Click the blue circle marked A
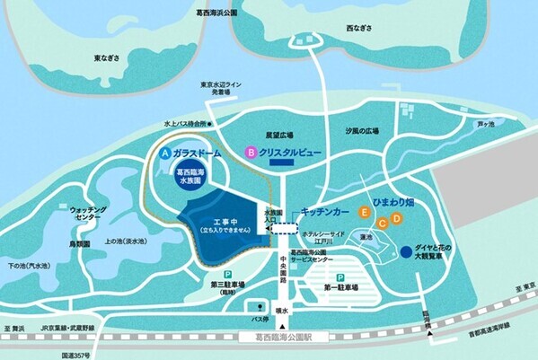click(x=164, y=154)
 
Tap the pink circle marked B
click(x=251, y=153)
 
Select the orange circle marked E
click(x=364, y=213)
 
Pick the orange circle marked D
click(x=395, y=218)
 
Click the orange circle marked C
click(x=382, y=223)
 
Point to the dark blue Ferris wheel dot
click(x=406, y=250)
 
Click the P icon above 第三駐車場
click(x=228, y=275)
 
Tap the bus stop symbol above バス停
click(x=260, y=307)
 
